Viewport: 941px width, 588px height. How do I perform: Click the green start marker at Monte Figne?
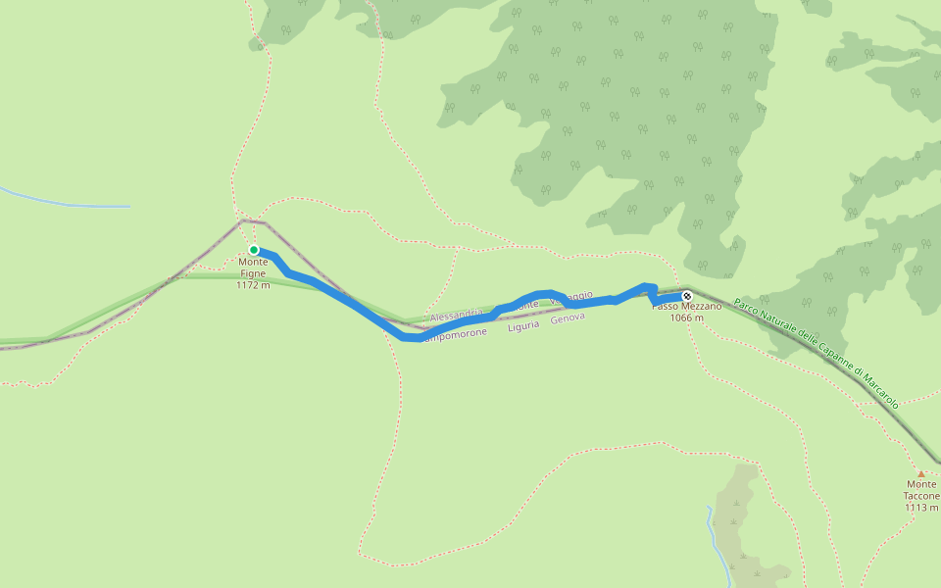254,250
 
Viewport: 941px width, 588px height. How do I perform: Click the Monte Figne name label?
253,268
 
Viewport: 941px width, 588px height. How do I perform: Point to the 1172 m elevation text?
253,285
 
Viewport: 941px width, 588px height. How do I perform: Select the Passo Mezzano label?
687,307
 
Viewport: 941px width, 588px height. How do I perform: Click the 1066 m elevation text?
687,318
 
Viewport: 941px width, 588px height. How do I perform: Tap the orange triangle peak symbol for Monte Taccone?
920,473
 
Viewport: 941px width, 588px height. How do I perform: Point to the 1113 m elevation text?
921,508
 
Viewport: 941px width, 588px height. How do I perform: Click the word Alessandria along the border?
456,317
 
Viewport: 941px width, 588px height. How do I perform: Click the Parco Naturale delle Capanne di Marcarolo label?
816,354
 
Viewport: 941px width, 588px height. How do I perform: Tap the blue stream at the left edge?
59,203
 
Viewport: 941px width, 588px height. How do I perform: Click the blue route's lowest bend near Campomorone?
412,338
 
